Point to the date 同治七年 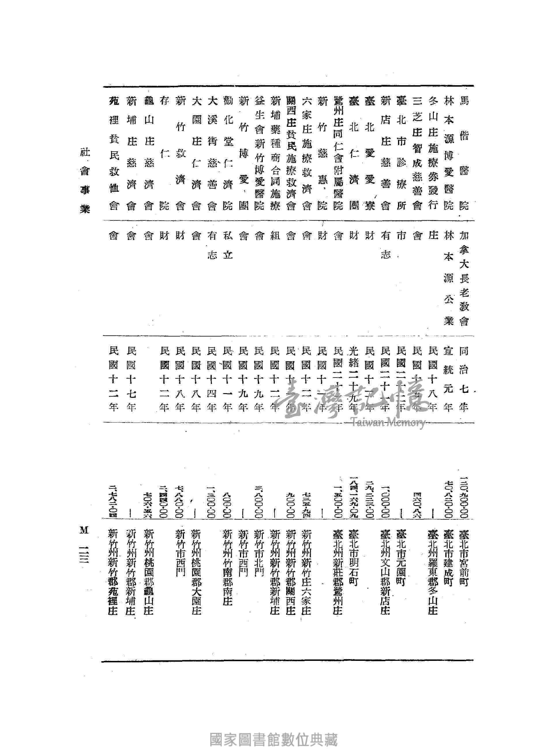[464, 379]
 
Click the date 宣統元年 [448, 379]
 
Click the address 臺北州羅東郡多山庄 [433, 572]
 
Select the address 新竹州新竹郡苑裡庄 [113, 572]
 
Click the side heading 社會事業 [85, 181]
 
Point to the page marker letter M [84, 530]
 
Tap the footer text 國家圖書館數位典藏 [274, 740]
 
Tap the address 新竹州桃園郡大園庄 [196, 572]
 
